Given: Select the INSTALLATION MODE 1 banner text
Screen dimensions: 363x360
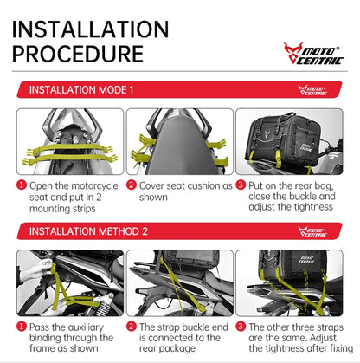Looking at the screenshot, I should pyautogui.click(x=82, y=89).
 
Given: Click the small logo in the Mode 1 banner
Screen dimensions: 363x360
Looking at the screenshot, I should pyautogui.click(x=313, y=90).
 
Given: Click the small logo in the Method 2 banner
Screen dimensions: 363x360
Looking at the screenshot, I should pyautogui.click(x=313, y=231).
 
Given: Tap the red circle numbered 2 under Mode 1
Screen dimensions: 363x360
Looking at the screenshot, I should pyautogui.click(x=132, y=185).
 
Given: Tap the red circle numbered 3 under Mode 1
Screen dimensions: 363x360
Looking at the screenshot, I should pyautogui.click(x=241, y=185).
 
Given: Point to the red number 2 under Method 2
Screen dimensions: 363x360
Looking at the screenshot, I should pyautogui.click(x=132, y=327).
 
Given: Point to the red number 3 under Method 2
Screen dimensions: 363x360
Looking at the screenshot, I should pyautogui.click(x=241, y=327).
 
